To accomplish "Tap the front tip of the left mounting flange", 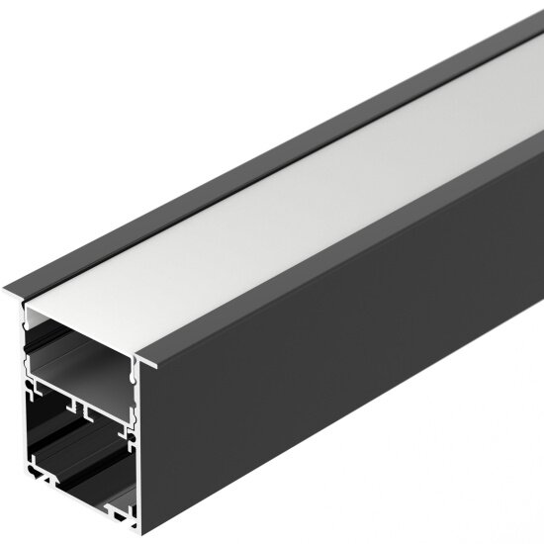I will [8, 290].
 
